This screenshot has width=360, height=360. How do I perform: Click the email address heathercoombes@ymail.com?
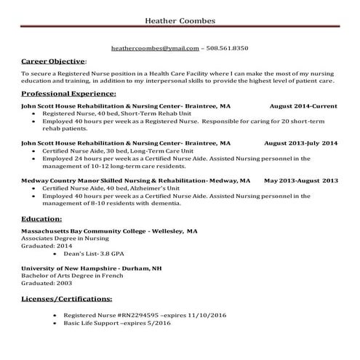[155, 48]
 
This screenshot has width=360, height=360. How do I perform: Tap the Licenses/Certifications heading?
[67, 298]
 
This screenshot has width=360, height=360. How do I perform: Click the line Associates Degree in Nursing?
[64, 238]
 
